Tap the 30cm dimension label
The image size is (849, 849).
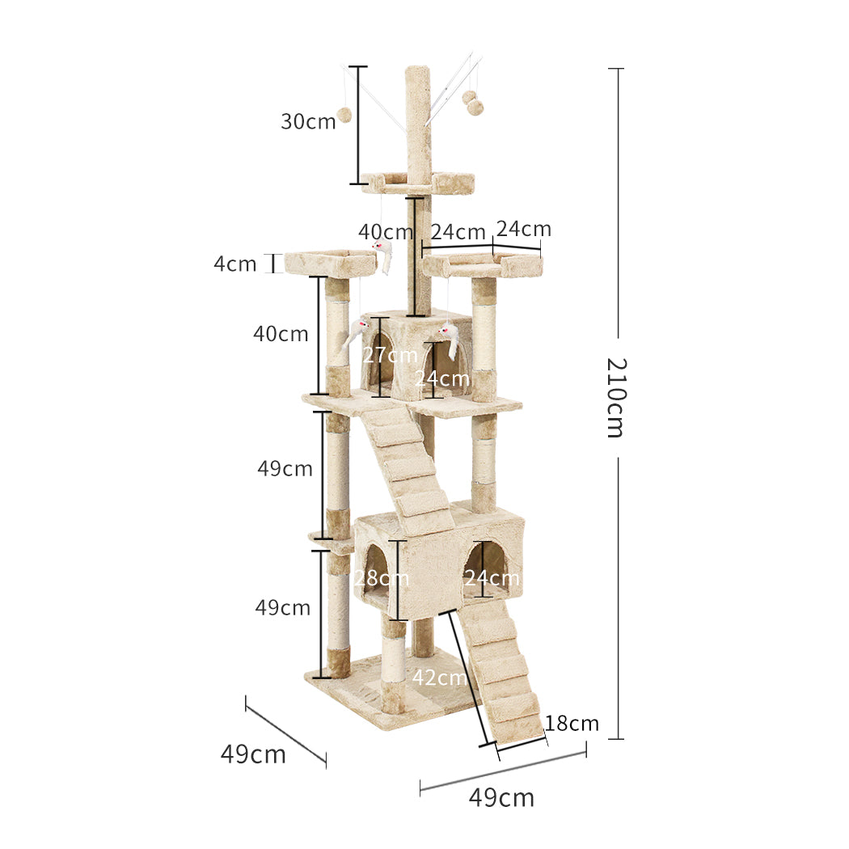click(308, 122)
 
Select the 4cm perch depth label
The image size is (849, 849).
click(235, 264)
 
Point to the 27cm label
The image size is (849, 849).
click(391, 355)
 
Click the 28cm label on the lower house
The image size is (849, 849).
click(382, 578)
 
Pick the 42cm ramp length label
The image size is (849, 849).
click(439, 678)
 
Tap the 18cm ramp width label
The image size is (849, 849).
click(572, 723)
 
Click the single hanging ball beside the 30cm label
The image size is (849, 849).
click(344, 115)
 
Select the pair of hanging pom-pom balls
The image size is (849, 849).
click(472, 103)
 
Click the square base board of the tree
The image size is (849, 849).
click(388, 695)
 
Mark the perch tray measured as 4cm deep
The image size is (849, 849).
click(330, 263)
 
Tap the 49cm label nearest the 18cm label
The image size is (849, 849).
click(501, 797)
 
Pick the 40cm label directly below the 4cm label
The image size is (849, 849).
click(281, 333)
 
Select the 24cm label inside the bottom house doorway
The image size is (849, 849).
click(492, 578)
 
